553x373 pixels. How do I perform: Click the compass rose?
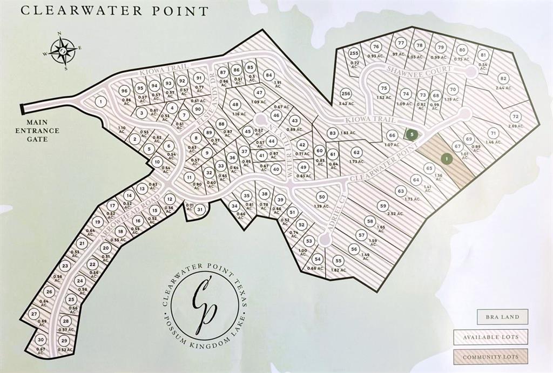(63, 51)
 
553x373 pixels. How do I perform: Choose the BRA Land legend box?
(502, 317)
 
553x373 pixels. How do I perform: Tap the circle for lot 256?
(346, 93)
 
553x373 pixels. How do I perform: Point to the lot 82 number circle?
(503, 78)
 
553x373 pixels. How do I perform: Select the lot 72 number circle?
(515, 116)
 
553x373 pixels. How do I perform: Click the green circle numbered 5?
(412, 134)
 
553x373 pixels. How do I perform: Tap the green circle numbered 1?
(447, 159)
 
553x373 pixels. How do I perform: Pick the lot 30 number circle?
(40, 340)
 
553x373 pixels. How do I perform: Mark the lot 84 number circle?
(268, 75)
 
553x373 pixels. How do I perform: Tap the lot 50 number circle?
(321, 197)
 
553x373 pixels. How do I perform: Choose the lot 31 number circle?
(200, 209)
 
